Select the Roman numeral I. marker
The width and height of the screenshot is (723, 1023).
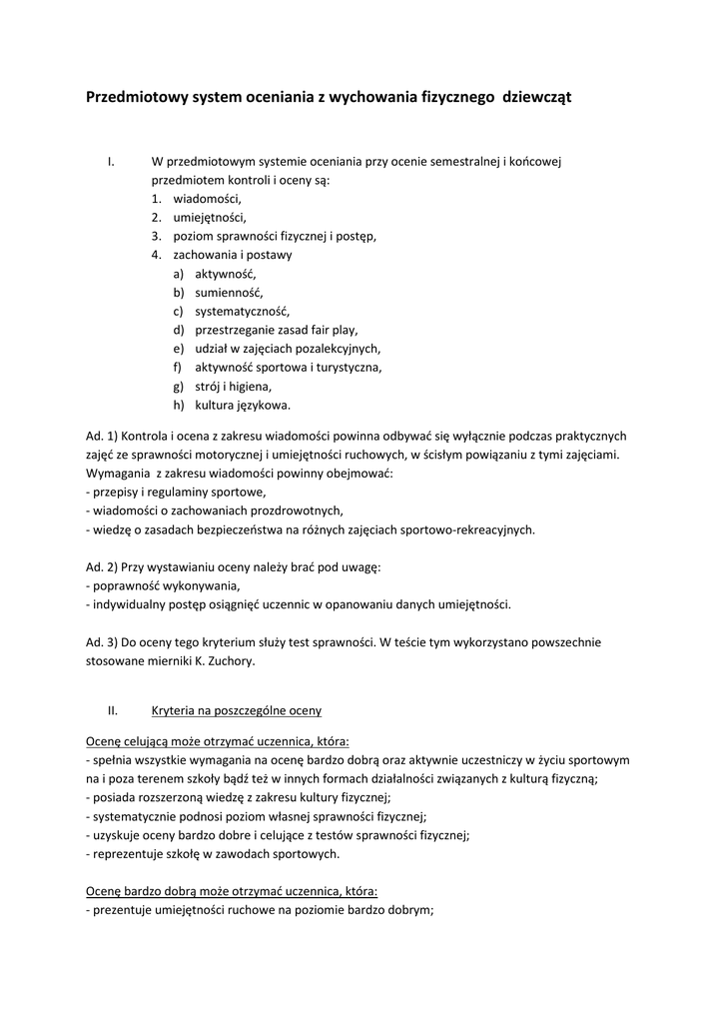point(113,162)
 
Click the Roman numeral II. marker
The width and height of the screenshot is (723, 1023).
point(113,710)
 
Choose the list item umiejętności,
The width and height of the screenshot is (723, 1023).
point(210,217)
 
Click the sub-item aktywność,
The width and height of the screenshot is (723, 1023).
point(226,273)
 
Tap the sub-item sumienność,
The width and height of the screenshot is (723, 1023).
point(229,292)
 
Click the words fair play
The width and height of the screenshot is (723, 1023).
point(331,330)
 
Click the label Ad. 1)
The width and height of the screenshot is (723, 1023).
point(102,436)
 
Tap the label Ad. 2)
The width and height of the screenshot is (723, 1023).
point(102,566)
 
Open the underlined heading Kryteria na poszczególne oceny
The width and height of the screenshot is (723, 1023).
point(237,710)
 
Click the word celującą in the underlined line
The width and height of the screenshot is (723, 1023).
point(145,741)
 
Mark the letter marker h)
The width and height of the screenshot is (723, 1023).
point(179,405)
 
